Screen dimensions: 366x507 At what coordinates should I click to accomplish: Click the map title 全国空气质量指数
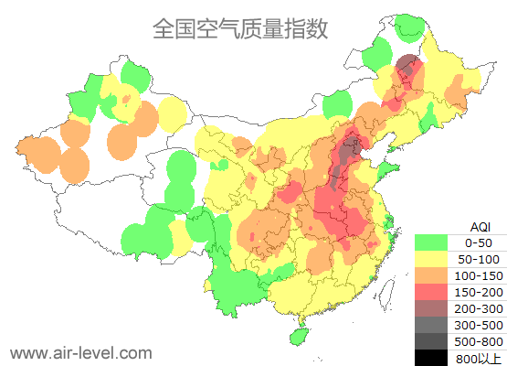(x=239, y=29)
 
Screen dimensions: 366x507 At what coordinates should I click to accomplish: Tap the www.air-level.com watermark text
(x=80, y=352)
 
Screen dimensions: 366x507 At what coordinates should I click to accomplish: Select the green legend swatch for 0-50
(x=430, y=243)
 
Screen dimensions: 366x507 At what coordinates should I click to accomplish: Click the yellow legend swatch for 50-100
(x=430, y=260)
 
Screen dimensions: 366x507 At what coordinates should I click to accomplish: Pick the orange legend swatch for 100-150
(x=430, y=276)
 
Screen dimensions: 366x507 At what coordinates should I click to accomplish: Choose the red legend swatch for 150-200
(x=430, y=293)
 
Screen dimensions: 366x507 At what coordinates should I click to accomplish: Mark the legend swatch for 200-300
(x=430, y=309)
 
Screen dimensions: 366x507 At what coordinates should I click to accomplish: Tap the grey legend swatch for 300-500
(x=430, y=326)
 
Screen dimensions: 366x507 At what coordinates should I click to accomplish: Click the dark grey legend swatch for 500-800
(x=430, y=342)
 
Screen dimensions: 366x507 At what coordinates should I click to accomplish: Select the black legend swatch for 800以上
(x=430, y=358)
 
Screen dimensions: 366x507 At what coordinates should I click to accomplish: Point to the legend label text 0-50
(x=479, y=243)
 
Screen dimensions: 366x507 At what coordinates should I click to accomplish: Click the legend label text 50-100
(x=479, y=260)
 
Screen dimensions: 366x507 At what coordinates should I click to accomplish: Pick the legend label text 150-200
(x=479, y=293)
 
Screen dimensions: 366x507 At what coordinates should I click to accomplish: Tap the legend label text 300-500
(x=479, y=326)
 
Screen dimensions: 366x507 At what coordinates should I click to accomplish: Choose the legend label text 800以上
(x=479, y=358)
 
